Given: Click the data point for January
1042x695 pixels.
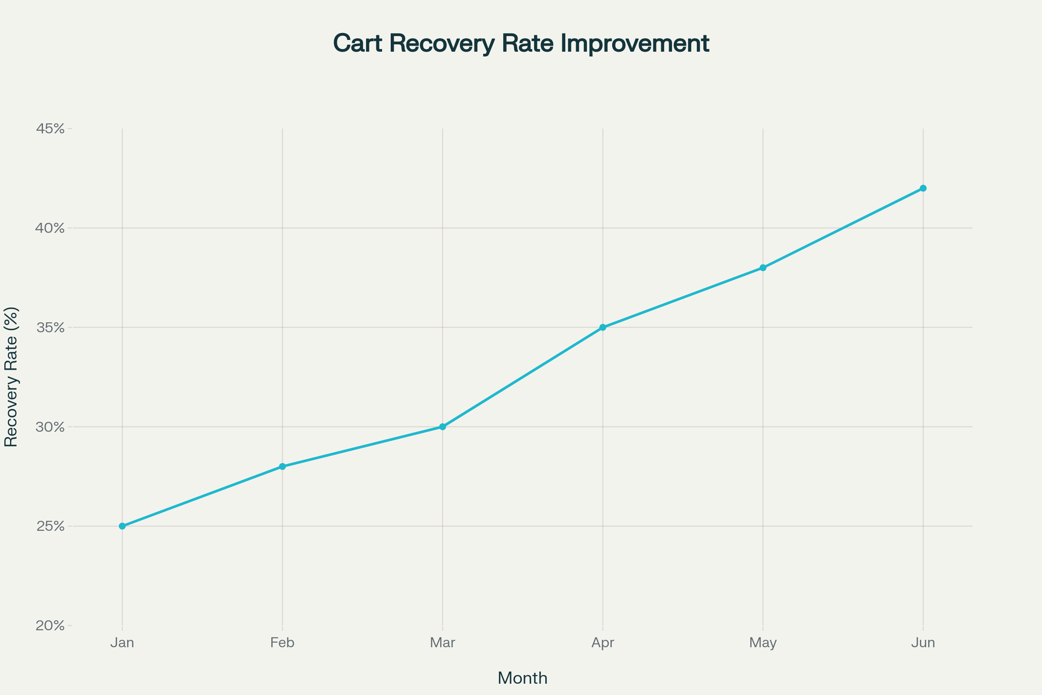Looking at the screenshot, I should (122, 526).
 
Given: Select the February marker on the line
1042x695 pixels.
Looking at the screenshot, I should (282, 466).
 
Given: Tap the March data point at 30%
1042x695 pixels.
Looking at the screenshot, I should (442, 427).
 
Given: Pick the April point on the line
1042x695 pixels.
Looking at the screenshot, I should (603, 328).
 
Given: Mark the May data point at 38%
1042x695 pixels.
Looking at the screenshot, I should (763, 268).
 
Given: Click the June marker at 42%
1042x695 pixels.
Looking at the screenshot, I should (923, 189).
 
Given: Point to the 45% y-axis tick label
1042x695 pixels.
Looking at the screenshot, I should (50, 129).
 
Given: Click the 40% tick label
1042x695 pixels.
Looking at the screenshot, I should (50, 228).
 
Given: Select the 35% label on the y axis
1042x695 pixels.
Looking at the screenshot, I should (50, 328).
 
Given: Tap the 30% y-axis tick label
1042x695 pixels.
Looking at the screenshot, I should (50, 427).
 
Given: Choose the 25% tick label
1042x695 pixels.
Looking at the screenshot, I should (50, 526).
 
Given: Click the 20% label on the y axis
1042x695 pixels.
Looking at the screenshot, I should (50, 625).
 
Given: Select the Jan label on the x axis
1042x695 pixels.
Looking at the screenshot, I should (122, 643).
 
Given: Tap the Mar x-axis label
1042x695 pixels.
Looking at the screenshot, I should (442, 643).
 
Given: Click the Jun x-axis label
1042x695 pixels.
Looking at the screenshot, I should (923, 643).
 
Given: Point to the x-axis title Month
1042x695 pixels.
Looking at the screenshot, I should (522, 678).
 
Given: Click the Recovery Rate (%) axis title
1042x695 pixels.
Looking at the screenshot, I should (11, 377).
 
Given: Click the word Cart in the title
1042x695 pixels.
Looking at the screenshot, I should (357, 43).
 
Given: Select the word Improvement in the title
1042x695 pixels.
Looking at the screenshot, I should (634, 43).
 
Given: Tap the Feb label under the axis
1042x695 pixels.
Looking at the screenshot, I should (282, 643).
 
